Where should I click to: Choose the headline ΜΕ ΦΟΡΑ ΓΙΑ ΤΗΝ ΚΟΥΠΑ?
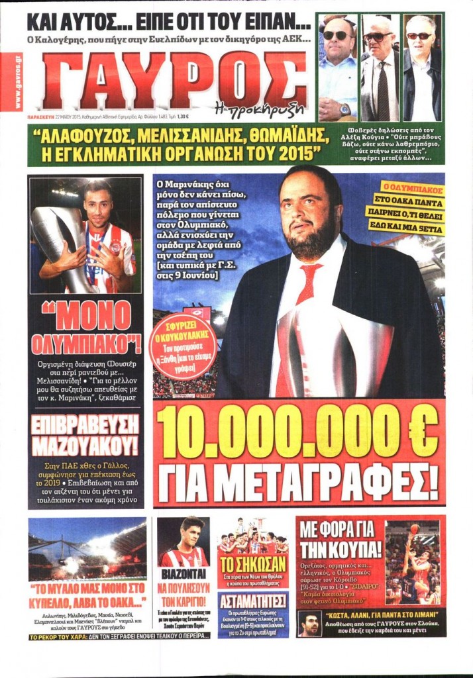tap(339, 540)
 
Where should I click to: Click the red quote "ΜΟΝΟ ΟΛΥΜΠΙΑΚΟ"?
tap(86, 329)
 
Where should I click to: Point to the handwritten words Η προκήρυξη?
tap(269, 106)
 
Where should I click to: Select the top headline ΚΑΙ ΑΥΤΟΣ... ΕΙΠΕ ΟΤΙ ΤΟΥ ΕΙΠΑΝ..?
tap(168, 22)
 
